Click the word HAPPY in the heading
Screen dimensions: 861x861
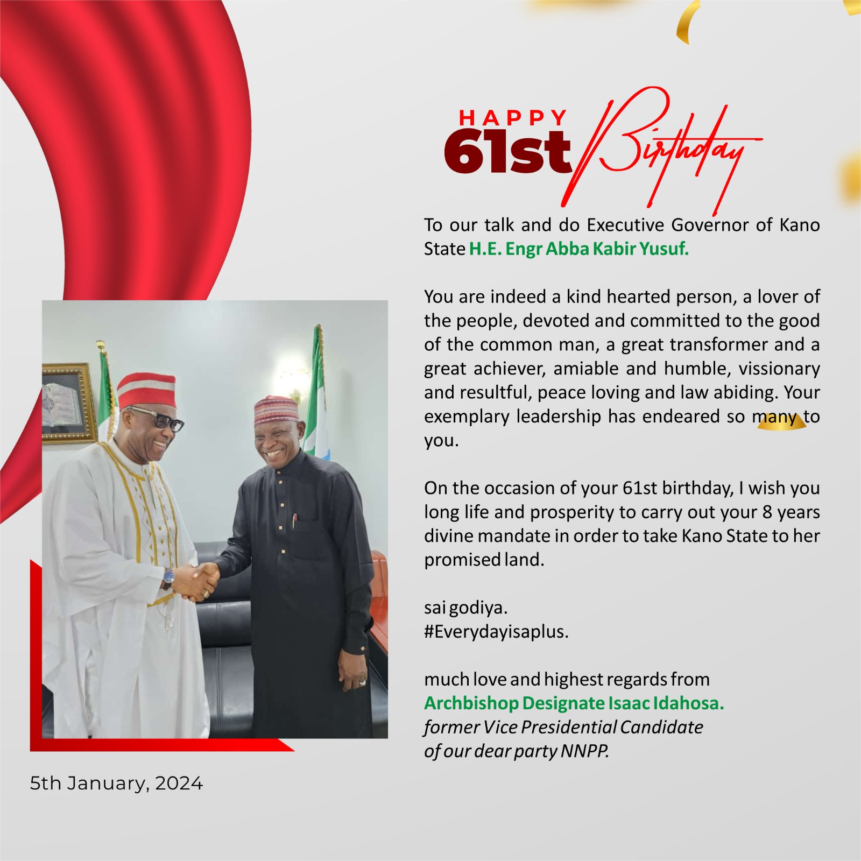[513, 117]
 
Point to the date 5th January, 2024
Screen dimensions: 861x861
[116, 784]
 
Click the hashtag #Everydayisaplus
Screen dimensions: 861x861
[496, 632]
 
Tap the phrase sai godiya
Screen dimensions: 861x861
[465, 608]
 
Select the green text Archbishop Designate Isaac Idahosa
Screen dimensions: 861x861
[574, 703]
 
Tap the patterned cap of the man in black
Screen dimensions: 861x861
[276, 411]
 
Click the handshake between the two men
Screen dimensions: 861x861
[198, 581]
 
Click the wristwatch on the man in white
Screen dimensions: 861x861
[168, 577]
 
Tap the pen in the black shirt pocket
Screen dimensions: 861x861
[294, 521]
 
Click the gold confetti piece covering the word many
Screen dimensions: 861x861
[781, 424]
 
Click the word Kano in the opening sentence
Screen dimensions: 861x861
[800, 225]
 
